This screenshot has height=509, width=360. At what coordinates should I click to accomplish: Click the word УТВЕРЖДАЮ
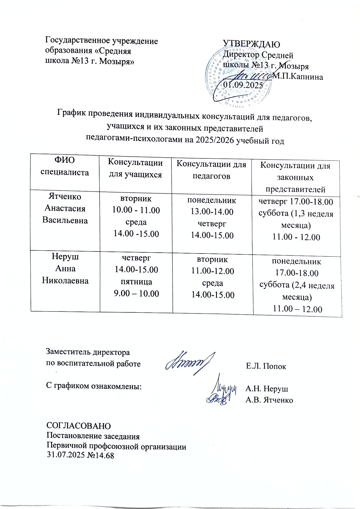coord(251,44)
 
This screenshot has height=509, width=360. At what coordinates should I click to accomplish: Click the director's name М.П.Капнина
coord(298,76)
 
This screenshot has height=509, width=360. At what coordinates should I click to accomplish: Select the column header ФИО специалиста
coord(65,166)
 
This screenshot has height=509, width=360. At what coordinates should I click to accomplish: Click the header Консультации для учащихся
coord(136,169)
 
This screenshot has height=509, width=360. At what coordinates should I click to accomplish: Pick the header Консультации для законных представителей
coord(295,177)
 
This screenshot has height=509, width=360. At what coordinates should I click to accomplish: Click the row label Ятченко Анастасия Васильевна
coord(65,208)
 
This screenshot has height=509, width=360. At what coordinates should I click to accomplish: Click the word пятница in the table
coord(136,282)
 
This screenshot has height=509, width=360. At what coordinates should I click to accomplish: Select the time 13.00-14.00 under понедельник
coord(212,212)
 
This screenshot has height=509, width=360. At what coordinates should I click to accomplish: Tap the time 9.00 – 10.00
coord(136,293)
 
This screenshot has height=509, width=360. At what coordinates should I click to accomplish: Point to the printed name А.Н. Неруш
coord(267,388)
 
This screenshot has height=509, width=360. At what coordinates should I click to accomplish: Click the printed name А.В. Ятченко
coord(269,400)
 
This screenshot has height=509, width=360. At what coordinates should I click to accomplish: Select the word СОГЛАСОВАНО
coord(78,426)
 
